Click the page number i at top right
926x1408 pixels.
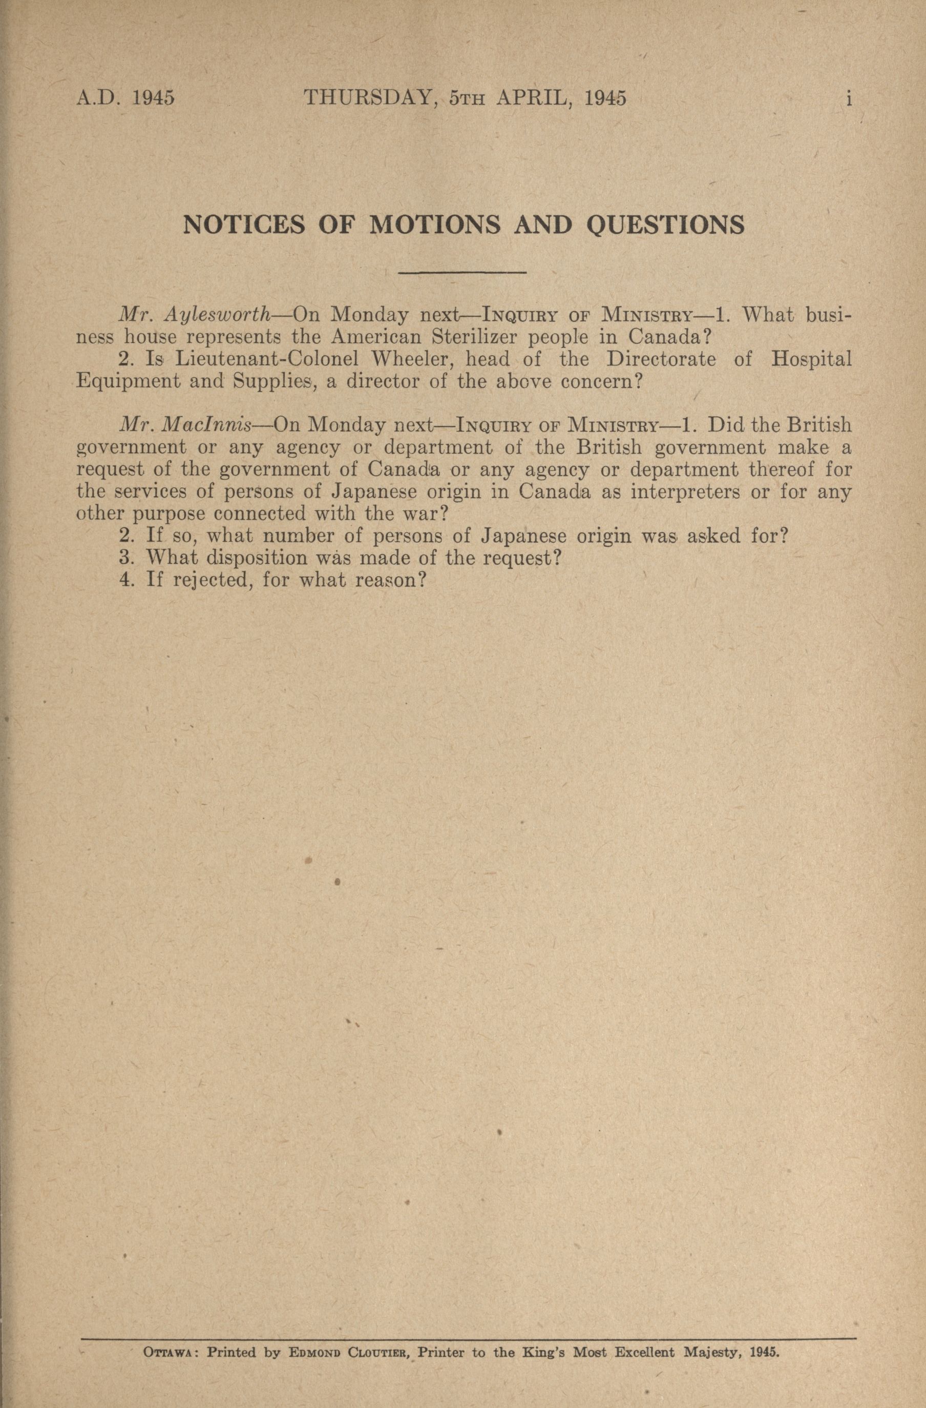click(849, 98)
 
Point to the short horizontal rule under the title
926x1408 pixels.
click(463, 273)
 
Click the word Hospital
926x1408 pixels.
click(811, 359)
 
